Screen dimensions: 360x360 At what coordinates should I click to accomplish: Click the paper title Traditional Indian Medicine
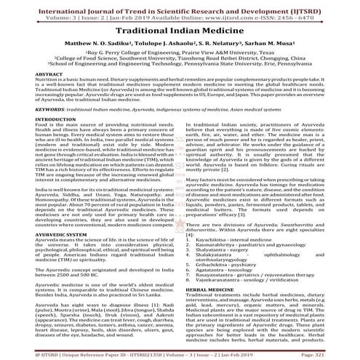pos(180,33)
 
